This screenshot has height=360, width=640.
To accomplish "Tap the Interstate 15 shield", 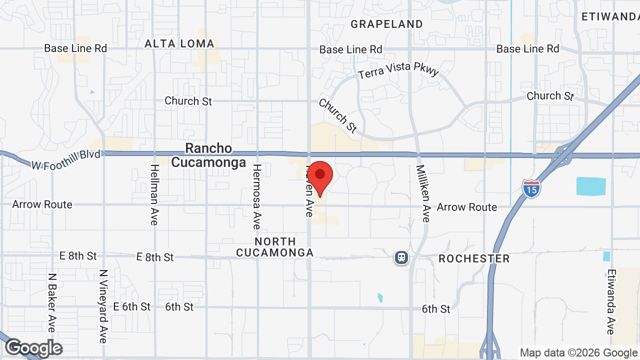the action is click(x=531, y=189).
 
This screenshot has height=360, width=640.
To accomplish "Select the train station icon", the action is click(x=401, y=257).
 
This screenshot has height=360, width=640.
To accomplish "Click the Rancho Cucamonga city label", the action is click(x=208, y=155).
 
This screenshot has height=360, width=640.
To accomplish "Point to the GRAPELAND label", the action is click(x=386, y=24).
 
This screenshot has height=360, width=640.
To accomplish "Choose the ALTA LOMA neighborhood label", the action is click(x=179, y=44).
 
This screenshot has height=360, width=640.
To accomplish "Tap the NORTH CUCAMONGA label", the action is click(x=274, y=247).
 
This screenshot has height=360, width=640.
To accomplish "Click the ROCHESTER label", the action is click(x=474, y=258).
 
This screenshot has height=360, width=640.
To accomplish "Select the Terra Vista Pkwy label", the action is click(x=398, y=70).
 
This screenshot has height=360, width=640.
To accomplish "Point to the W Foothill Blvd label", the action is click(x=65, y=159).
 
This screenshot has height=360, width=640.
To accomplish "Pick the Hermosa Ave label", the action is click(x=256, y=196).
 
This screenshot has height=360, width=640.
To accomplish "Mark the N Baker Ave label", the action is click(x=51, y=302).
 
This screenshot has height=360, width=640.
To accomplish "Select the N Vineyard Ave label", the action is click(x=103, y=306).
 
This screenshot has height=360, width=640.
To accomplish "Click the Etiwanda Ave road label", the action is click(x=610, y=301).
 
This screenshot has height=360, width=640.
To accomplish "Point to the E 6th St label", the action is click(x=132, y=306).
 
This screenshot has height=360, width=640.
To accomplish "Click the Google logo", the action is click(x=33, y=348).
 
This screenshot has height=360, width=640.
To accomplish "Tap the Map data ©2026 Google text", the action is click(x=578, y=352).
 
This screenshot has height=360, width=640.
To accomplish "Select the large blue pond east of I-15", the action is click(x=591, y=186).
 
